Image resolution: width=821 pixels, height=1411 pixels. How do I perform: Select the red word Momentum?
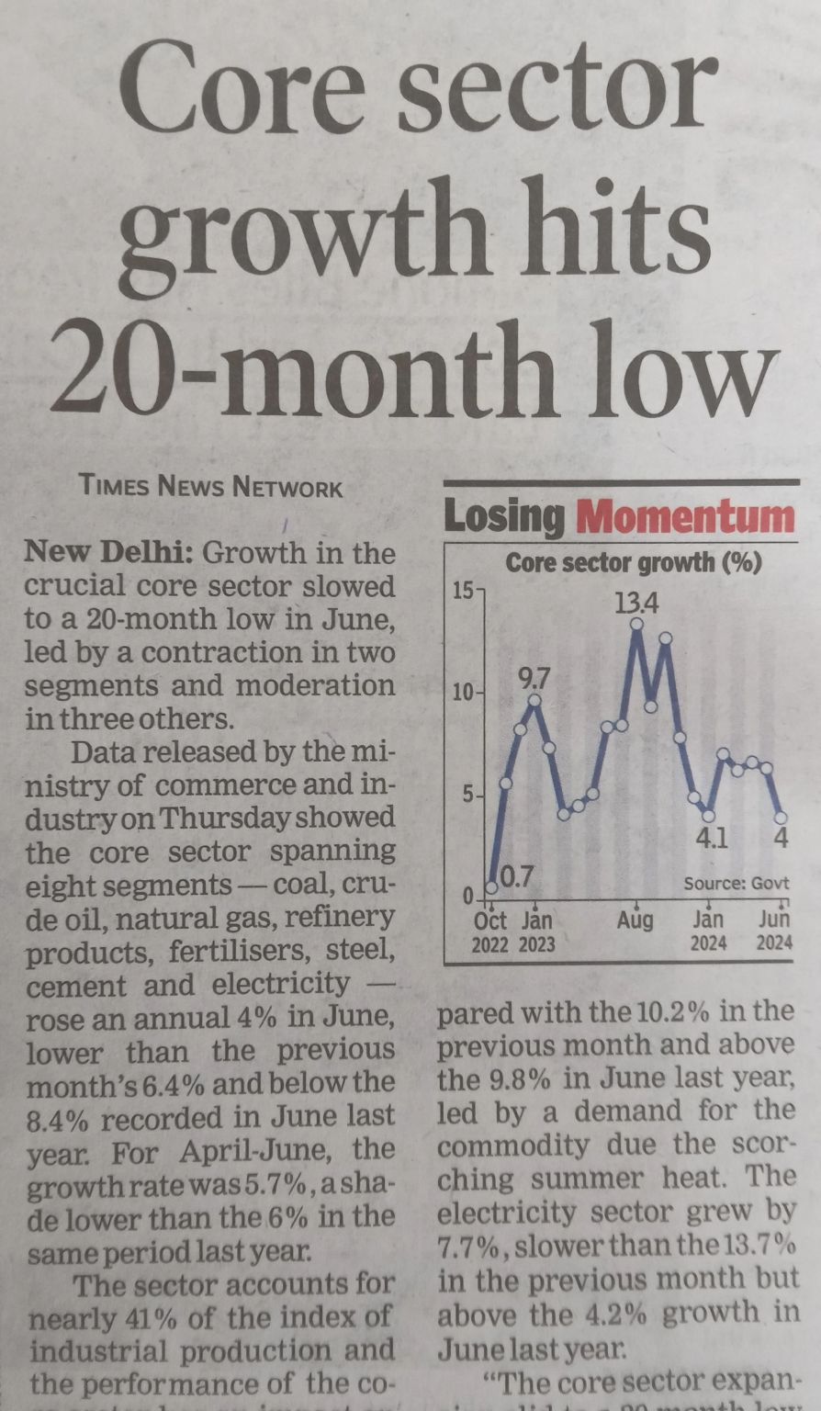tap(684, 518)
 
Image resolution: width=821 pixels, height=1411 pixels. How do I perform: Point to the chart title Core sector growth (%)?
tap(634, 562)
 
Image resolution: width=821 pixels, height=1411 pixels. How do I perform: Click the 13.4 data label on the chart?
tap(637, 604)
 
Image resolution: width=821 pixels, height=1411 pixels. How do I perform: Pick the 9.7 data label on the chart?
tap(536, 680)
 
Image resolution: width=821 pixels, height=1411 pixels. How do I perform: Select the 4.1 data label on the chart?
tap(711, 838)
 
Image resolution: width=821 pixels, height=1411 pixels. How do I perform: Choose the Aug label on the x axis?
tap(635, 920)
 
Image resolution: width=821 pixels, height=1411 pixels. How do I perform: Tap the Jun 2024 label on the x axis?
tap(774, 930)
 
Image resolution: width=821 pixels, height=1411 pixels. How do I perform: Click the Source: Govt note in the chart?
tap(736, 884)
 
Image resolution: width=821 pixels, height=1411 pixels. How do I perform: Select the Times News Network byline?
tap(211, 486)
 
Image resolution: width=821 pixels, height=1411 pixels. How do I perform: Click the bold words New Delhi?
tap(108, 553)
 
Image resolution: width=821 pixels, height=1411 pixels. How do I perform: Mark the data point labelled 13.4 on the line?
tap(636, 623)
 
